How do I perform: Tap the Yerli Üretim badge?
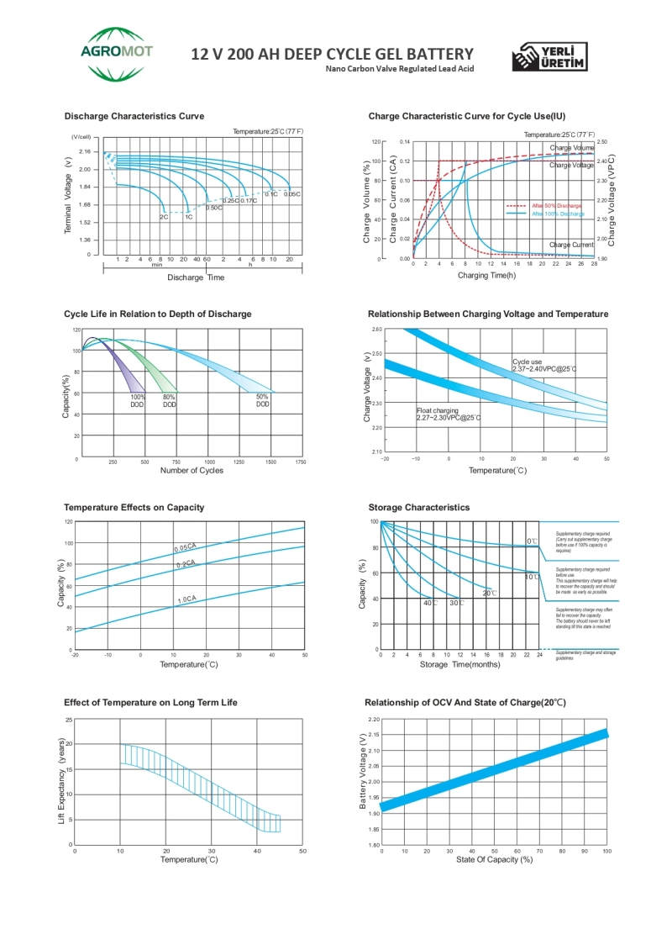point(549,56)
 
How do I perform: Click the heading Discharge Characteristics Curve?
point(134,116)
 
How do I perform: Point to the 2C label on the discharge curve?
point(164,217)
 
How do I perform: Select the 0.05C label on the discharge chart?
point(292,194)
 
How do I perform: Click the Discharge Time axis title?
point(196,277)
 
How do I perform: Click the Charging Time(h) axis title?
point(486,275)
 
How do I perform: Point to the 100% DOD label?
point(138,400)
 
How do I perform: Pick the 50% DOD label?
point(263,400)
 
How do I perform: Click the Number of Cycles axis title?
point(192,471)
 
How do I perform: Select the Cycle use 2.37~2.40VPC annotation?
point(543,365)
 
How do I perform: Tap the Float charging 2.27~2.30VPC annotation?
point(449,414)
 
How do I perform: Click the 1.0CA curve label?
point(186,599)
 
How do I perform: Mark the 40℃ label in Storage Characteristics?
point(430,603)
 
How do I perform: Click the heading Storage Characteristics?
point(418,508)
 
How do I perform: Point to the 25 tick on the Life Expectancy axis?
point(69,720)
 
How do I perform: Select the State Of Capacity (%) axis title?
point(494,859)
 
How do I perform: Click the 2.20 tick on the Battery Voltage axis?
point(374,720)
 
